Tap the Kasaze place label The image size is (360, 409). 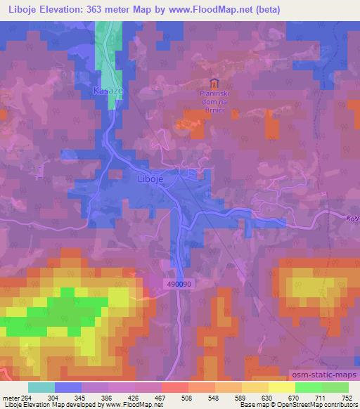(108, 92)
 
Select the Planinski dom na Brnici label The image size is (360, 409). (215, 99)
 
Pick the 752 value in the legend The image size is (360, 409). (346, 398)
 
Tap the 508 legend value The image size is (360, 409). (186, 398)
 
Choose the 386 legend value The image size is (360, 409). (105, 398)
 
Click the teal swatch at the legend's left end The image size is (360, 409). (41, 388)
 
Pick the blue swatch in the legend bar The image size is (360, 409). (68, 388)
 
